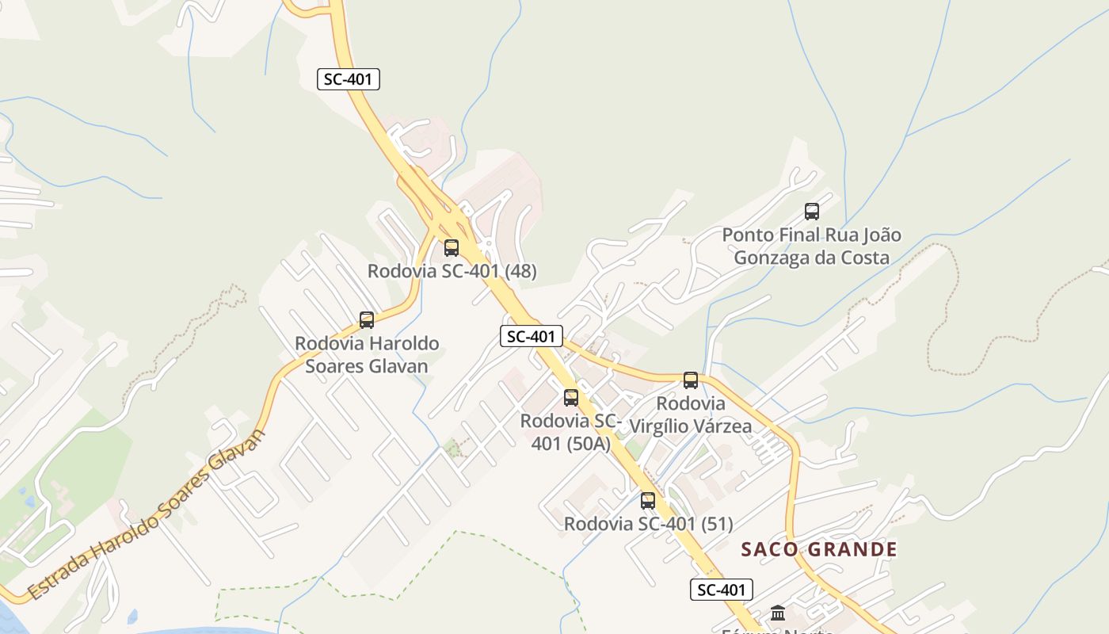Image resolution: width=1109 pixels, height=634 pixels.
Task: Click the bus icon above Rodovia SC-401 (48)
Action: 452,247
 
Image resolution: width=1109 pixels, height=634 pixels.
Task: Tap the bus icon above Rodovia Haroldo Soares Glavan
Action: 366,320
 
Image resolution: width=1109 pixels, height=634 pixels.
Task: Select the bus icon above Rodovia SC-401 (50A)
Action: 571,398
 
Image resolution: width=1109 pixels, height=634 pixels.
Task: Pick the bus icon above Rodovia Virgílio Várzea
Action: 691,380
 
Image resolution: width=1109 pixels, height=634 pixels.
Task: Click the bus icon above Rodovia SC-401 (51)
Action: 648,501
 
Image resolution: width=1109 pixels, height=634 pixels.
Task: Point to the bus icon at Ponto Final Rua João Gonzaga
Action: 812,212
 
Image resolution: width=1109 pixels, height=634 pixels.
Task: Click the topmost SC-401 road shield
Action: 349,79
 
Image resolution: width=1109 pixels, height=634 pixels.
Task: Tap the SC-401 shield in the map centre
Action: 532,336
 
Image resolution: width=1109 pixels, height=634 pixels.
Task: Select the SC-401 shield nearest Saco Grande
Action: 721,590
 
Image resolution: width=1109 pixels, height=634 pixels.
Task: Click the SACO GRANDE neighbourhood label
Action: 819,549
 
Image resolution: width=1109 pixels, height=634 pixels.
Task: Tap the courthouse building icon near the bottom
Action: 777,613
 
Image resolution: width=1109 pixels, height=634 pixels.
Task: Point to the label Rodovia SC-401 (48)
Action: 452,271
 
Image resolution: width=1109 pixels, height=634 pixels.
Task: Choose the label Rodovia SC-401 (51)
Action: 648,524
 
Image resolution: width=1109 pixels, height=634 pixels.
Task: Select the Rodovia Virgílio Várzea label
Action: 690,415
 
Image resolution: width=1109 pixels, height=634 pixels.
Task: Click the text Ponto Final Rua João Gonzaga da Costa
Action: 811,246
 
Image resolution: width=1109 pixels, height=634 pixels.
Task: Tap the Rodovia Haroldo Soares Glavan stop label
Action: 367,355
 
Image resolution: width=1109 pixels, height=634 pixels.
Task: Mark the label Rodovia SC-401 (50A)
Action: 571,432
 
